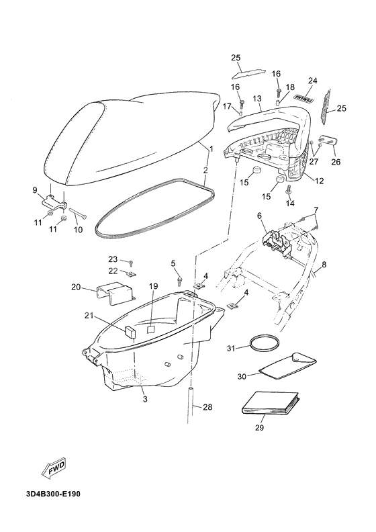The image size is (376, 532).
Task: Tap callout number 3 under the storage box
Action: pos(145,399)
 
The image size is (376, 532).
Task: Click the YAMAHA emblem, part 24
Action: pos(303,98)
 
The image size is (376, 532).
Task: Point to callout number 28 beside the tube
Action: pos(207,406)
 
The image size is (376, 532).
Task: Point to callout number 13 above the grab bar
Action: pos(257,99)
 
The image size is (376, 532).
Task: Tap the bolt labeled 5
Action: pos(180,281)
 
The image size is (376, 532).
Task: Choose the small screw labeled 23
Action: pos(131,263)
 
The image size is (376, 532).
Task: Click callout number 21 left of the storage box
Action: pos(89,316)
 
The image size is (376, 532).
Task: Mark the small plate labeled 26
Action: pos(328,140)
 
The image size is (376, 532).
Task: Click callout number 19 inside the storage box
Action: pos(153,286)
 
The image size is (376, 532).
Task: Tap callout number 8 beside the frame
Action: pos(324,264)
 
